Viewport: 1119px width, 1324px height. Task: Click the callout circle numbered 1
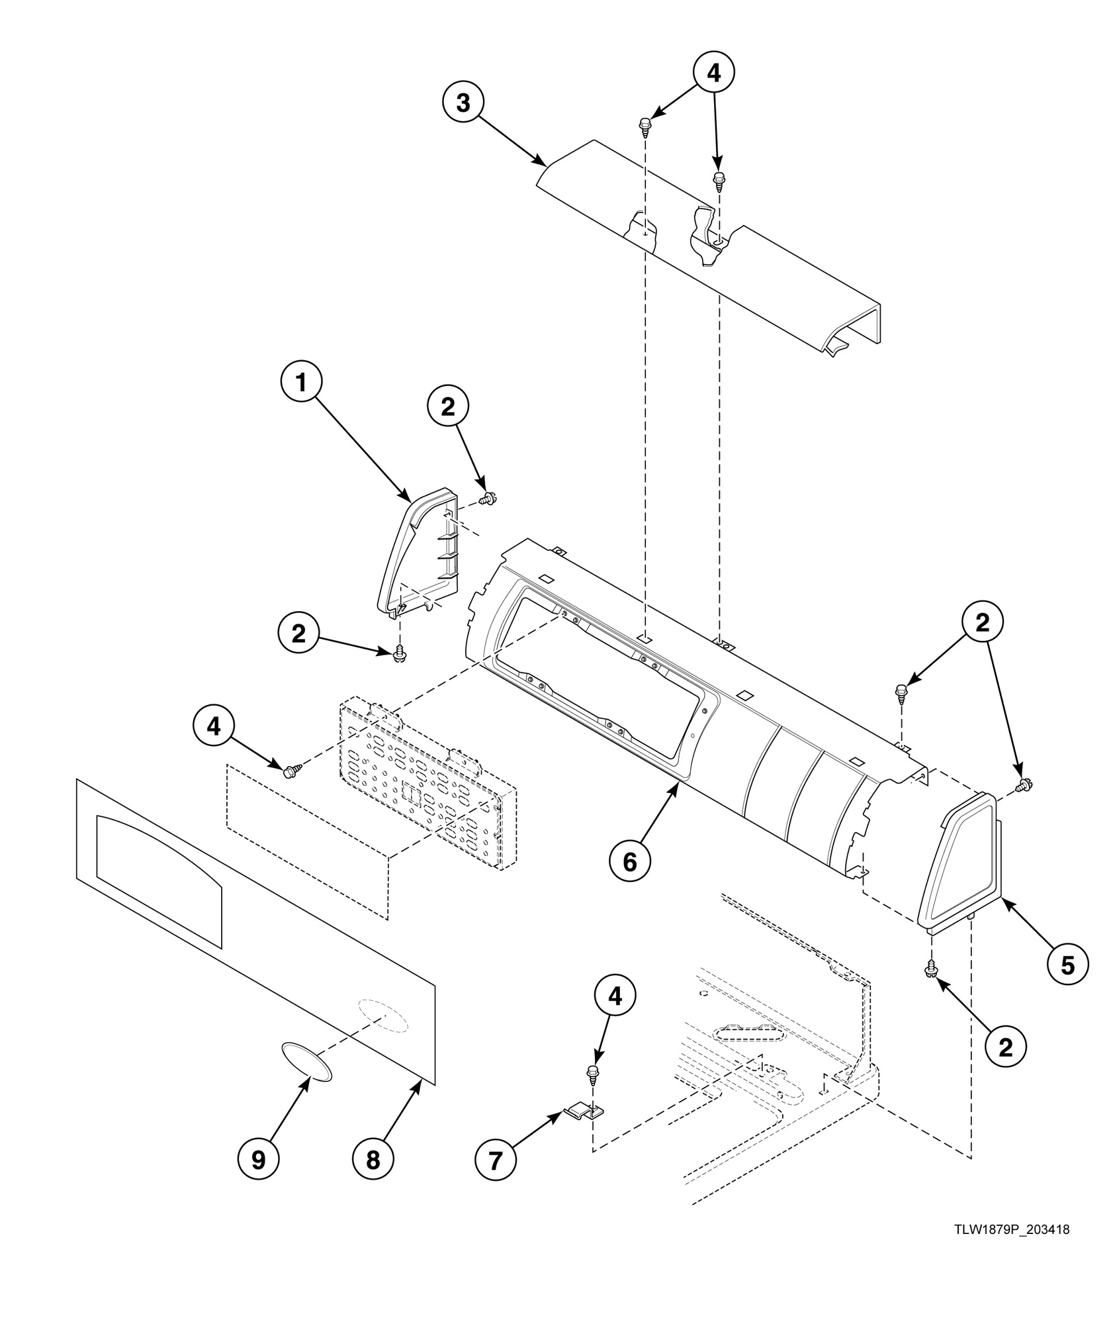(x=301, y=382)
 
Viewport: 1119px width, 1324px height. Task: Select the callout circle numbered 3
(x=463, y=104)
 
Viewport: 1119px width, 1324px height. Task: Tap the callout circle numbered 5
(x=1067, y=965)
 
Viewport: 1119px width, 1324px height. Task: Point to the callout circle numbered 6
(x=629, y=861)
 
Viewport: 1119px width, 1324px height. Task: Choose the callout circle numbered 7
(x=496, y=1159)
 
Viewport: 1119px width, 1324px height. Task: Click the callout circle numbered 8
(x=373, y=1159)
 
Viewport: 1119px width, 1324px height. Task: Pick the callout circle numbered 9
(x=259, y=1159)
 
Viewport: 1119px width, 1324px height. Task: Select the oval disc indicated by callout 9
(x=306, y=1061)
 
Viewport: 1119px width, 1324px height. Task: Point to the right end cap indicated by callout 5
(x=960, y=861)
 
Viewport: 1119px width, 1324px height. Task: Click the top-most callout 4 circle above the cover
(x=714, y=73)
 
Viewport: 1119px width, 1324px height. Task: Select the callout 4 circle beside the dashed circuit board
(x=214, y=726)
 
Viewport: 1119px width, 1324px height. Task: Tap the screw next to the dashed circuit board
(x=291, y=771)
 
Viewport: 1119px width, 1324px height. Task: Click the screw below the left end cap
(x=399, y=655)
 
